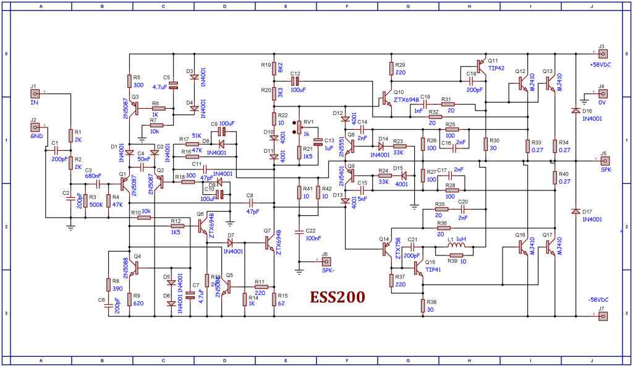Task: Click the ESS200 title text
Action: click(337, 298)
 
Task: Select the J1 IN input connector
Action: click(35, 94)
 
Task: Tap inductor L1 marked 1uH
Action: click(456, 246)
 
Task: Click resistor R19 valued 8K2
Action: click(273, 66)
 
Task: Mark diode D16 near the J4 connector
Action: click(576, 111)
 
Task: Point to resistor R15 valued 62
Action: click(273, 299)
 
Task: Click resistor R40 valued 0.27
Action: click(554, 178)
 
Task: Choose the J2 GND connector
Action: click(35, 127)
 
